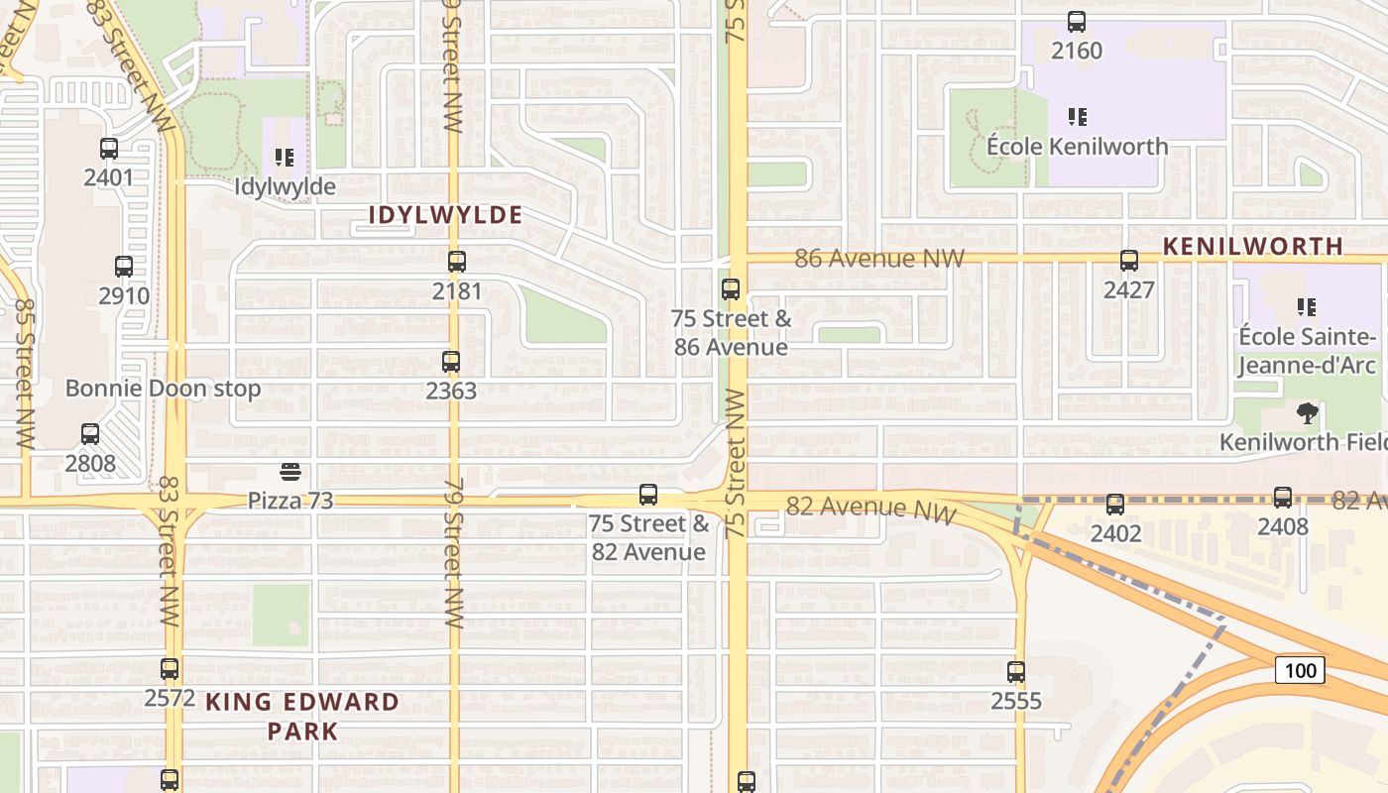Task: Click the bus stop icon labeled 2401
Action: (109, 150)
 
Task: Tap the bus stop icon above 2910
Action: (124, 267)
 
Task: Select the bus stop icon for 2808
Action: (90, 434)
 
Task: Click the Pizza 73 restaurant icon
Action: (290, 472)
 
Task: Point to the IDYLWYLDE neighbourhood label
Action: (445, 215)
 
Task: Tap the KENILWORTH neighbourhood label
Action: (1253, 246)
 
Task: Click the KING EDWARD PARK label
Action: (301, 717)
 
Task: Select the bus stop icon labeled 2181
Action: (457, 262)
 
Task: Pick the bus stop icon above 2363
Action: (451, 362)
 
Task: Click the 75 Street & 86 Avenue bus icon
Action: (731, 289)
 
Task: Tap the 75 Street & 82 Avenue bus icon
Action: (648, 494)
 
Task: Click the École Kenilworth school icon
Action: (1078, 117)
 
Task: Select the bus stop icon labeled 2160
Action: (1077, 22)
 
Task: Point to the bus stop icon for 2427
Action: (1129, 261)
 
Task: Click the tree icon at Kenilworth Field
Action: (1307, 413)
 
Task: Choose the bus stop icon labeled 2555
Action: (1016, 672)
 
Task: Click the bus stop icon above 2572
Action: (170, 669)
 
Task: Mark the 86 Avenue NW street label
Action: (879, 259)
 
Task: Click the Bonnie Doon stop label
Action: (163, 389)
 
